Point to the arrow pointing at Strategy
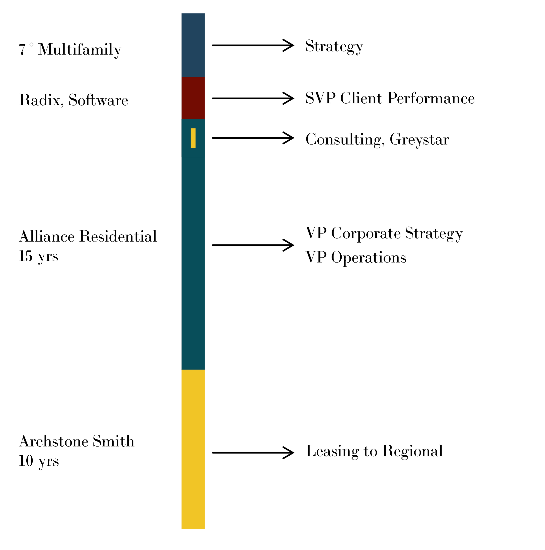pyautogui.click(x=253, y=45)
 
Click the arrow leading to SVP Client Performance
pyautogui.click(x=253, y=98)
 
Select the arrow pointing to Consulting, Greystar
pyautogui.click(x=253, y=138)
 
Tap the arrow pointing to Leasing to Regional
pyautogui.click(x=253, y=453)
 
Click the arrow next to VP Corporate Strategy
pyautogui.click(x=253, y=245)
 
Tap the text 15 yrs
pyautogui.click(x=38, y=256)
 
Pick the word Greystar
pyautogui.click(x=419, y=140)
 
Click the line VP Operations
pyautogui.click(x=356, y=258)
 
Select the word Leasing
pyautogui.click(x=332, y=451)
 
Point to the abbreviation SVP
pyautogui.click(x=320, y=98)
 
